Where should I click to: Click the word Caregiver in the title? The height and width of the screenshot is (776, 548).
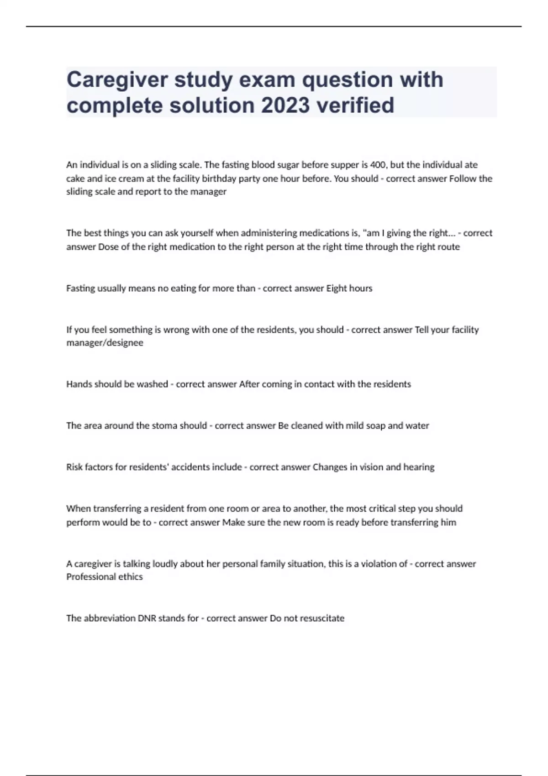(117, 80)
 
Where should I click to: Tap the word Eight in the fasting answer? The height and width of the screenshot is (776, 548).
(336, 288)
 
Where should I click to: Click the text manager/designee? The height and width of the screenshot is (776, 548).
(105, 343)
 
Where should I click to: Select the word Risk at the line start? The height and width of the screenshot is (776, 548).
(75, 467)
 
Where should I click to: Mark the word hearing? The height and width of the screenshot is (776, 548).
(419, 467)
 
